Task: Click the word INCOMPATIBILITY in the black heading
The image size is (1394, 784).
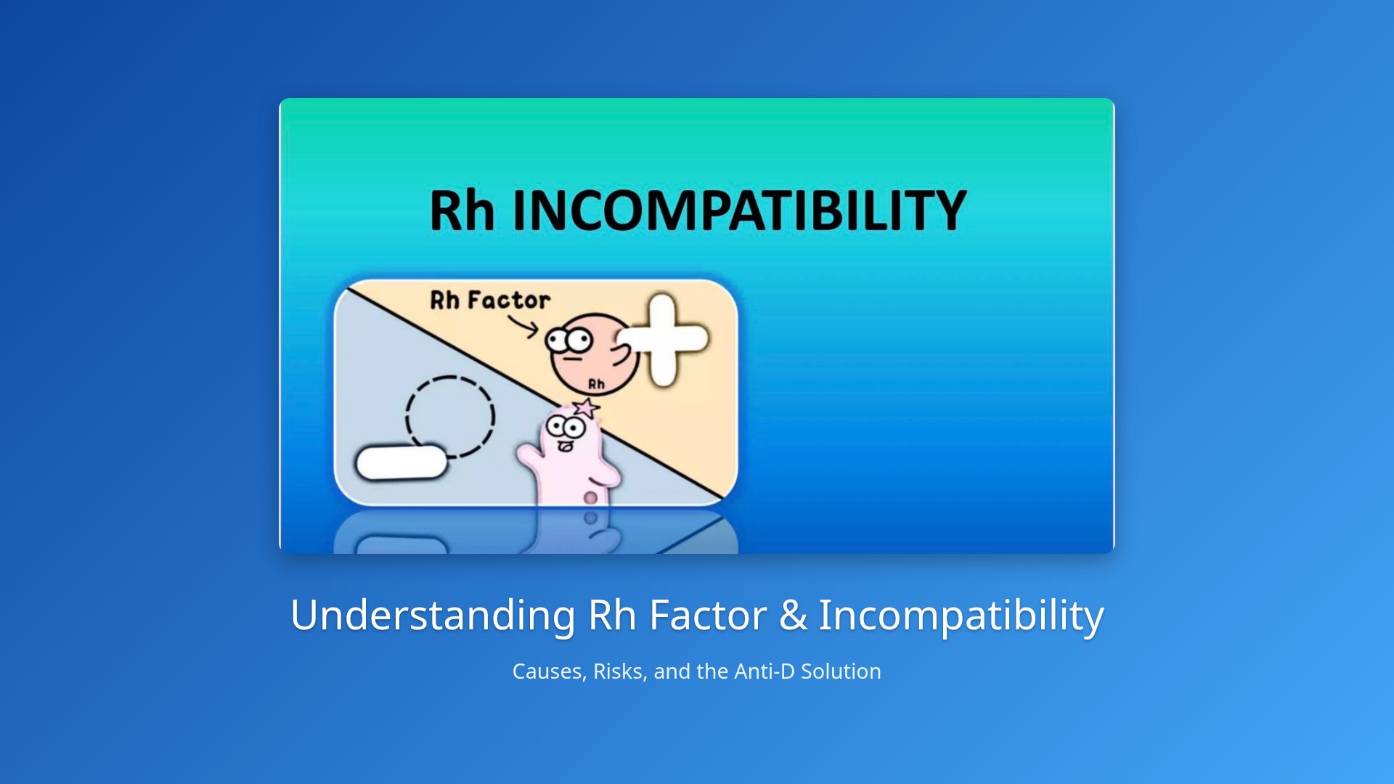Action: (739, 211)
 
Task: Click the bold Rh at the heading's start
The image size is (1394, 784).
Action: (462, 211)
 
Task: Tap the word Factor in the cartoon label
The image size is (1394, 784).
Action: (508, 300)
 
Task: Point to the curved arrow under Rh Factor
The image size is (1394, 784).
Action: (523, 327)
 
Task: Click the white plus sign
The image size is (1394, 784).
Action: (662, 339)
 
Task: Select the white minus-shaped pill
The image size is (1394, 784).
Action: (401, 462)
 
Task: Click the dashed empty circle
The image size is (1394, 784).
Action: (450, 416)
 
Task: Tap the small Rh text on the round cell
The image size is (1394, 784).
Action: (596, 383)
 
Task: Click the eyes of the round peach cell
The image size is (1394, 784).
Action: (569, 339)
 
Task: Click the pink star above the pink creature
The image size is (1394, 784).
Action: (586, 407)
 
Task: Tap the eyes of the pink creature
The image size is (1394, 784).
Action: (566, 427)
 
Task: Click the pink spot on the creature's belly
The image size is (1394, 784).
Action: (591, 497)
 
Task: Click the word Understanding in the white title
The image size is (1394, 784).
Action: (433, 615)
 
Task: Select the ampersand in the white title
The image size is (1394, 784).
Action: (793, 615)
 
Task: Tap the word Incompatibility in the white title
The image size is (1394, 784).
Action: (961, 615)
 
